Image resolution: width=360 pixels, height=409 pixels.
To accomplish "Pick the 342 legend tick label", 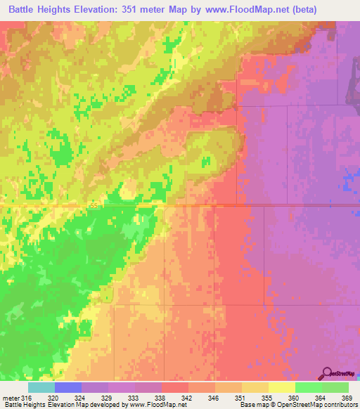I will pos(184,398).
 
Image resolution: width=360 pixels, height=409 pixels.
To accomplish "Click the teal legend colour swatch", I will pos(41,387).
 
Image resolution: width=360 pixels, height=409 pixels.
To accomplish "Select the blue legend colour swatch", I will pos(68,387).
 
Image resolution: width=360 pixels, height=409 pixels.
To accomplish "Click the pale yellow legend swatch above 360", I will pos(281,387).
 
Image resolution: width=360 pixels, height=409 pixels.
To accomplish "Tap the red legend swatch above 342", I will pos(174,387).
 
